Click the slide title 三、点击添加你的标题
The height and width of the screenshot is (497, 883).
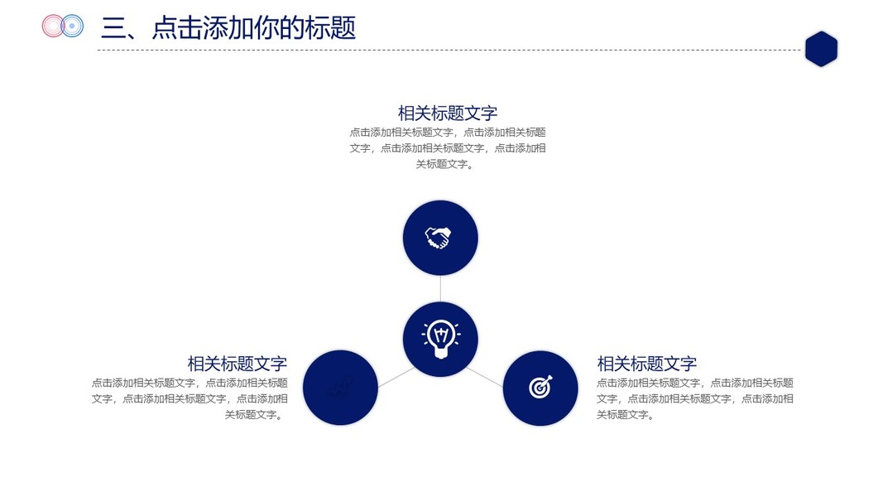pos(228,28)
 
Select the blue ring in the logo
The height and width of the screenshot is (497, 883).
pos(73,27)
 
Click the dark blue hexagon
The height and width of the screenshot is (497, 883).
pos(821,49)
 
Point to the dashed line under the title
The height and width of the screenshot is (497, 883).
pos(447,50)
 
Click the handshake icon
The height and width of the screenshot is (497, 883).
pos(439,238)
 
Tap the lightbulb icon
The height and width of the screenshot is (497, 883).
pos(440,338)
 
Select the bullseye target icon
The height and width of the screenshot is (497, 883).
pos(540,387)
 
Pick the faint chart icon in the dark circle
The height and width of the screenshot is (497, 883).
pos(340,388)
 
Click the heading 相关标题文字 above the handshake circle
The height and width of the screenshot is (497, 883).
pos(447,113)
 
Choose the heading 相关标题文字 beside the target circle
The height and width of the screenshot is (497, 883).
pos(646,364)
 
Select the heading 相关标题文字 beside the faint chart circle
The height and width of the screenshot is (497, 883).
pos(237,364)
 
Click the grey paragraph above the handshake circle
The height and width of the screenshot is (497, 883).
pos(447,147)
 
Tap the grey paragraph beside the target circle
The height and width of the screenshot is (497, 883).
pos(695,398)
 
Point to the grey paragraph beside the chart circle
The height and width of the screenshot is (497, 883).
pos(190,398)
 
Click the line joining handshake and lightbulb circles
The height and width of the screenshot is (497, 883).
pos(440,287)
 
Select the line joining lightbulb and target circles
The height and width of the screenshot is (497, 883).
pos(485,377)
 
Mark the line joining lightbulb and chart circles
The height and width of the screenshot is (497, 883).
pos(396,377)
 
